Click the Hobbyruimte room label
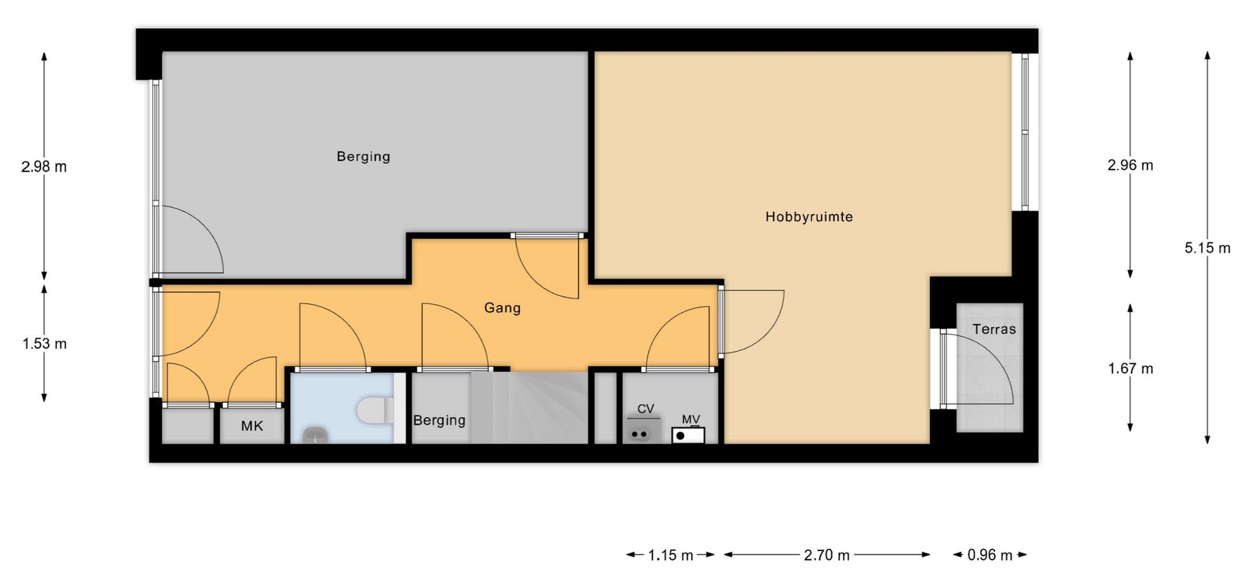click(809, 217)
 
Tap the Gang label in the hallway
click(502, 307)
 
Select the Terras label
click(994, 329)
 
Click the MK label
click(252, 426)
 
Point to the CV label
click(646, 409)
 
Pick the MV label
click(691, 419)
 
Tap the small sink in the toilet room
click(316, 434)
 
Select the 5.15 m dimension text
click(1207, 248)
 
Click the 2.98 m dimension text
click(44, 166)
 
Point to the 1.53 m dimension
click(44, 344)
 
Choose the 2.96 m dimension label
click(1130, 165)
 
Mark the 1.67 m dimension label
click(1130, 369)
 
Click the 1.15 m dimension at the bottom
click(670, 555)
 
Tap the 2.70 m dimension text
click(827, 555)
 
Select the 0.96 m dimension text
click(990, 555)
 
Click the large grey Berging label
click(363, 157)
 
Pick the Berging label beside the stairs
click(439, 421)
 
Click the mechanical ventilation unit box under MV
click(689, 435)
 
